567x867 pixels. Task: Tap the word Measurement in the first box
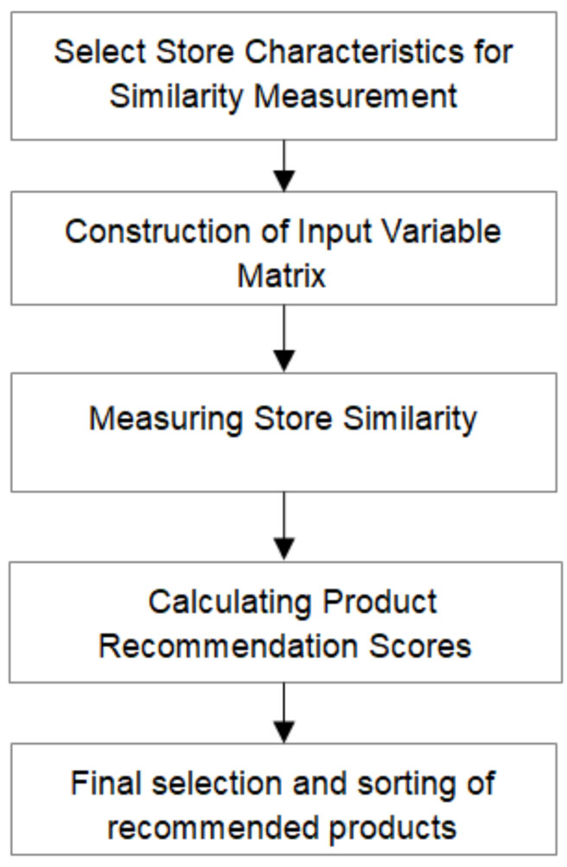[x=355, y=96]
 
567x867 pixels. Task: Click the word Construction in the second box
[x=157, y=232]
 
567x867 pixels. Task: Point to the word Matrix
[x=281, y=276]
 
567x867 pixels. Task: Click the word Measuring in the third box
[x=165, y=419]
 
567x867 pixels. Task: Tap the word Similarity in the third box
[x=410, y=419]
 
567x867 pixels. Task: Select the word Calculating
[x=229, y=602]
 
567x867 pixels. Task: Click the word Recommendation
[x=228, y=646]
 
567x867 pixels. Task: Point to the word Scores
[x=420, y=646]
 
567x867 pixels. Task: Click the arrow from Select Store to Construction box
[x=284, y=166]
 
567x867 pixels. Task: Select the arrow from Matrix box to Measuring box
[x=284, y=339]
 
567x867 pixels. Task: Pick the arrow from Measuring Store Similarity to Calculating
[x=284, y=526]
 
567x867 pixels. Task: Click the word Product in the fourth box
[x=380, y=602]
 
